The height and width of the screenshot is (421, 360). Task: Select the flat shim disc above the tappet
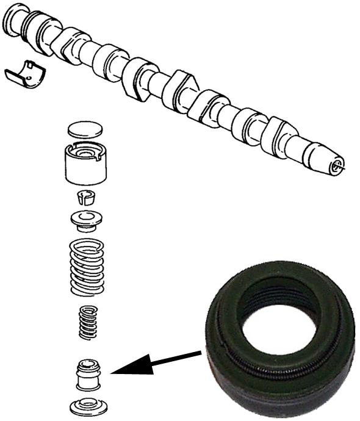[x=83, y=129]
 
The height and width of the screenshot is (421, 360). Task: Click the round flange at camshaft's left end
[x=15, y=21]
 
